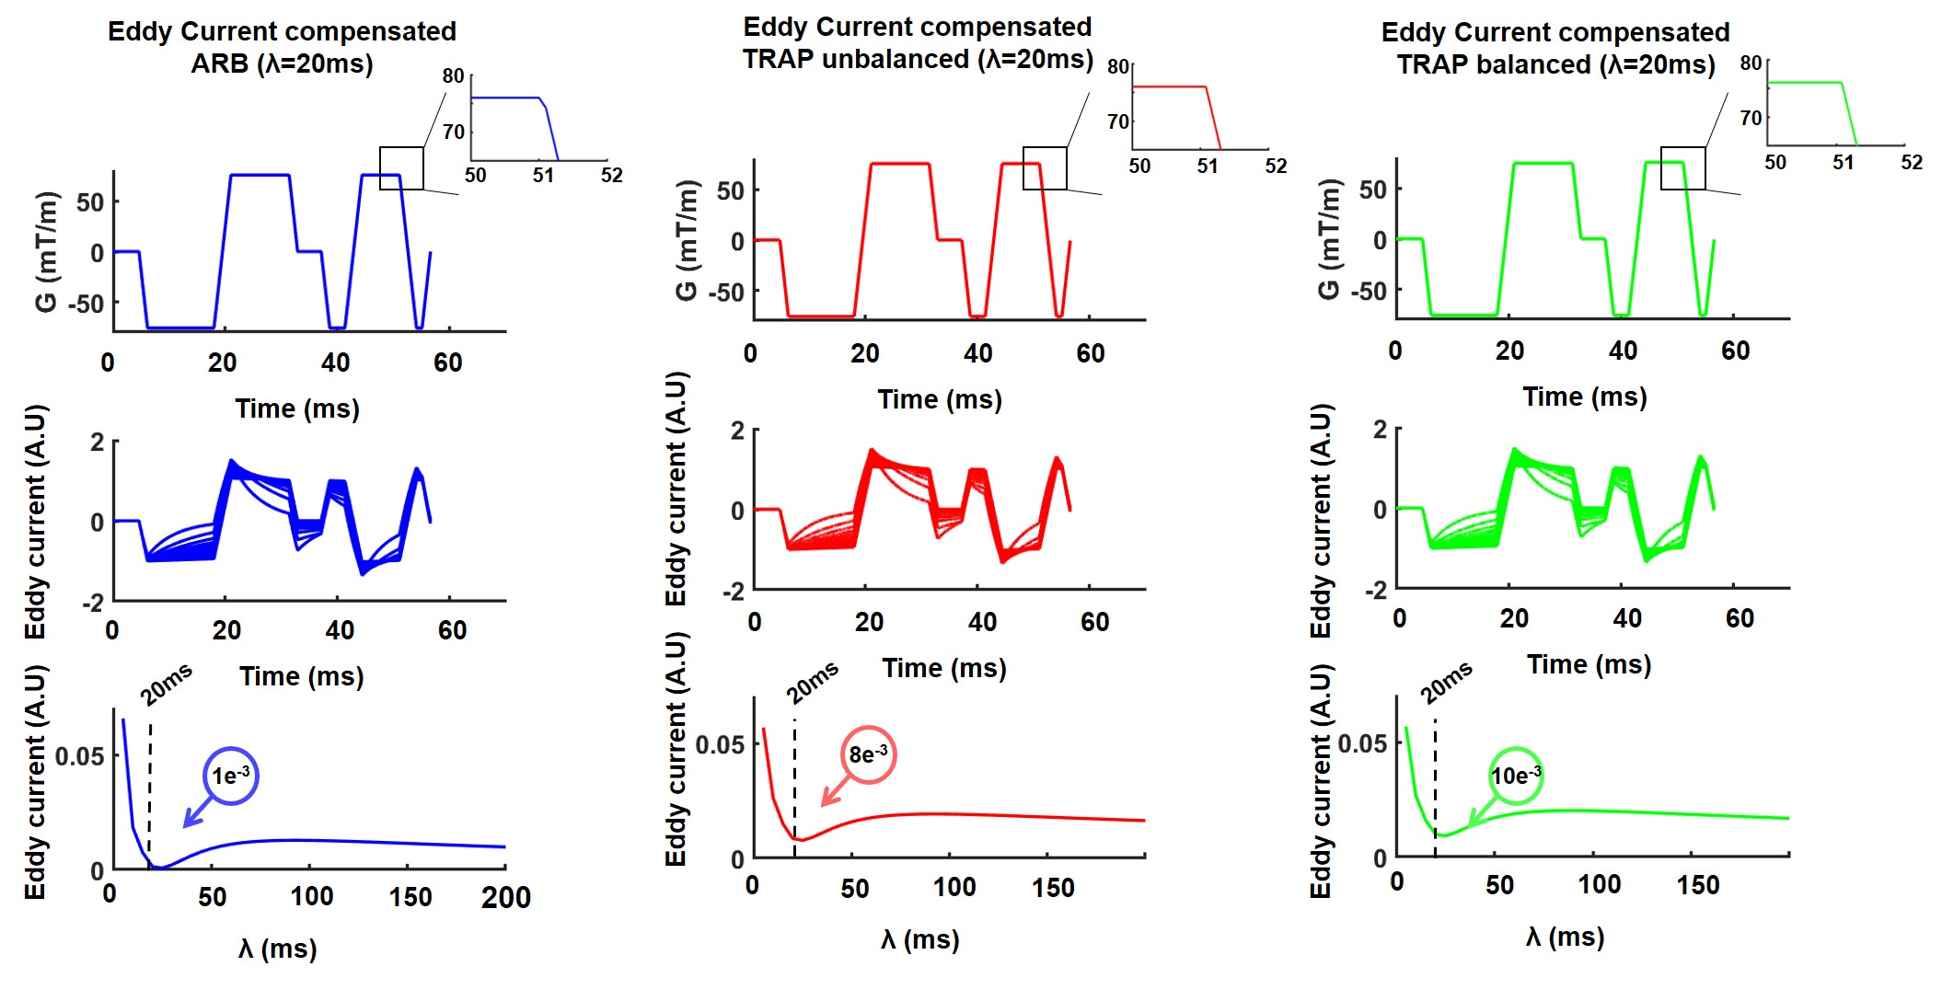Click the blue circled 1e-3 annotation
[x=230, y=776]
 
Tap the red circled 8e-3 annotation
[x=868, y=755]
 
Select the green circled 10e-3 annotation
[x=1515, y=776]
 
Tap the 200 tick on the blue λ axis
[x=505, y=898]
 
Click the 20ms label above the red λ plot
[x=813, y=683]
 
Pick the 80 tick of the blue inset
[x=453, y=76]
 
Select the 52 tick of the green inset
[x=1912, y=163]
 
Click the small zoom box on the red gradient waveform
[x=1045, y=168]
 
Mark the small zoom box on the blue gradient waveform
[x=402, y=168]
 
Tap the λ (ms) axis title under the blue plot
[x=277, y=949]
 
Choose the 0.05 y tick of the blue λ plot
[x=80, y=757]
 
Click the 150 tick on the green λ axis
[x=1697, y=885]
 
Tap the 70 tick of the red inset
[x=1117, y=121]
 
